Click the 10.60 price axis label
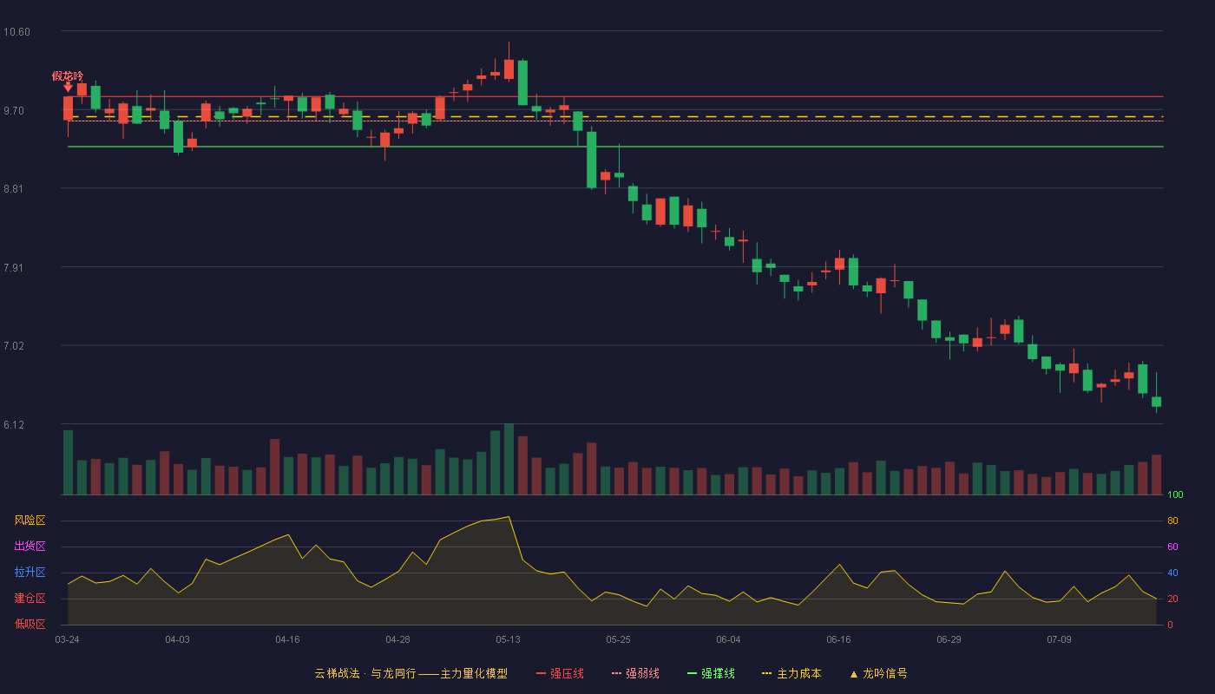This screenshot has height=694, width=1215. click(x=16, y=32)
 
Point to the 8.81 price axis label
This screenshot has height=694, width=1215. click(x=14, y=189)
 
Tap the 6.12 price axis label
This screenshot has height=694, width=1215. click(x=14, y=424)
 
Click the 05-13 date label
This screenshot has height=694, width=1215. click(x=508, y=640)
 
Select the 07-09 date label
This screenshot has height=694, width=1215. click(x=1059, y=640)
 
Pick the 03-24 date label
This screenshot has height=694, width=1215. click(x=68, y=640)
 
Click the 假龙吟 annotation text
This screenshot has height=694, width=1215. click(x=68, y=76)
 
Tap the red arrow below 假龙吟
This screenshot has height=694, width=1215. click(x=68, y=88)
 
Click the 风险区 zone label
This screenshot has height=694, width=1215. click(x=30, y=520)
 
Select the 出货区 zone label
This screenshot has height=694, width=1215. click(x=30, y=546)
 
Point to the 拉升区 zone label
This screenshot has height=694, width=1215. click(x=30, y=572)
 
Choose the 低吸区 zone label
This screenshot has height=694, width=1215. click(x=30, y=624)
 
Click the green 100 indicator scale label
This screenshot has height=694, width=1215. click(x=1175, y=494)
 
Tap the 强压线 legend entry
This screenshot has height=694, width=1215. click(x=560, y=673)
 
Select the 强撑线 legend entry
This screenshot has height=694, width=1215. click(x=711, y=673)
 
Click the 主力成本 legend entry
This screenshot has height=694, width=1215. click(x=791, y=673)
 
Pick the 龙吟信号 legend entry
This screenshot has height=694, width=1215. click(x=878, y=673)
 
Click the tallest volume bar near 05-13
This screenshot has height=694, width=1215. click(x=509, y=459)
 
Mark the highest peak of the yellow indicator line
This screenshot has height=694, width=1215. click(x=509, y=517)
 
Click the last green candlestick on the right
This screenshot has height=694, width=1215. click(x=1156, y=401)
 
